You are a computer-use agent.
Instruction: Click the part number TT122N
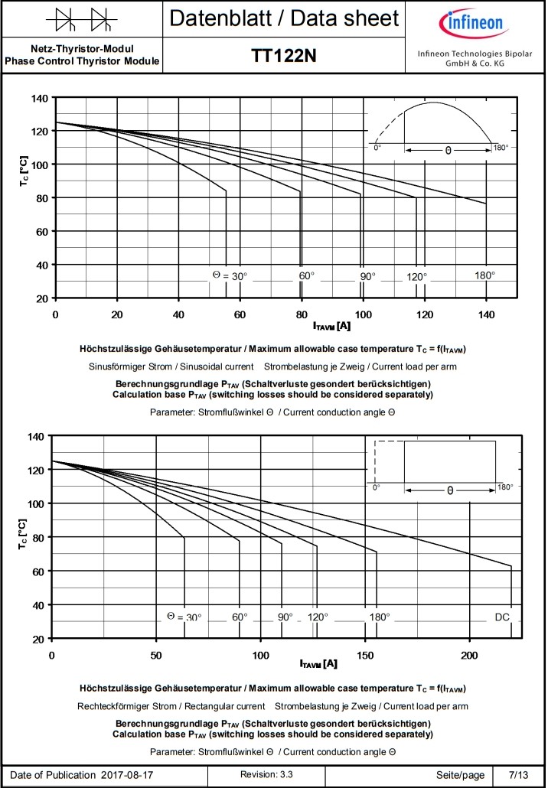pos(284,56)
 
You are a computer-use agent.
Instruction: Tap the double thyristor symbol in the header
pos(82,17)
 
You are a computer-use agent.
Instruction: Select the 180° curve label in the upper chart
pos(484,275)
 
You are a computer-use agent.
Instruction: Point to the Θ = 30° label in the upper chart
pos(230,275)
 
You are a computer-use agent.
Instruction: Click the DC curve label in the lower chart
pos(502,617)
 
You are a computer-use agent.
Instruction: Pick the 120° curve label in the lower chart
pos(318,617)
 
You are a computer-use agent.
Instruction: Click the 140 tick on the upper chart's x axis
pos(486,314)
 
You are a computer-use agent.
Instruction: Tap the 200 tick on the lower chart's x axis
pos(470,655)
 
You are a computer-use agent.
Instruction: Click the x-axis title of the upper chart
pos(331,327)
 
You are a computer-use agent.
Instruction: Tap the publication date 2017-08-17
pos(127,774)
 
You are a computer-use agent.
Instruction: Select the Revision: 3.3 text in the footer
pos(266,774)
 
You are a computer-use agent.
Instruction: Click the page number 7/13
pos(518,774)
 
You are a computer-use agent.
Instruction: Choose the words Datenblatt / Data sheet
pos(284,18)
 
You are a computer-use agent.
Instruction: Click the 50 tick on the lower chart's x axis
pos(156,655)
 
